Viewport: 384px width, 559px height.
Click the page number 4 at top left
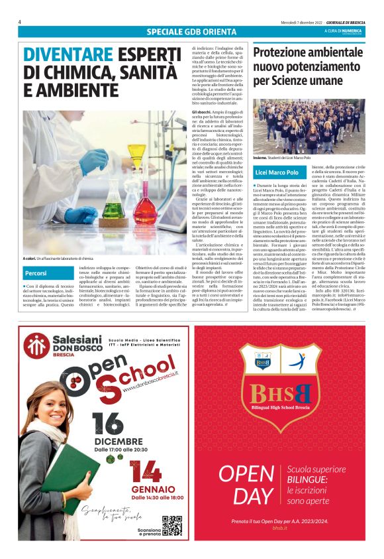point(20,21)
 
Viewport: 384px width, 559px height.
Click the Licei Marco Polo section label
point(276,172)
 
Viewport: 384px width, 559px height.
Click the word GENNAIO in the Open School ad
point(147,489)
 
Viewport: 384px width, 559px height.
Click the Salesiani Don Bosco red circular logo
point(37,347)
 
